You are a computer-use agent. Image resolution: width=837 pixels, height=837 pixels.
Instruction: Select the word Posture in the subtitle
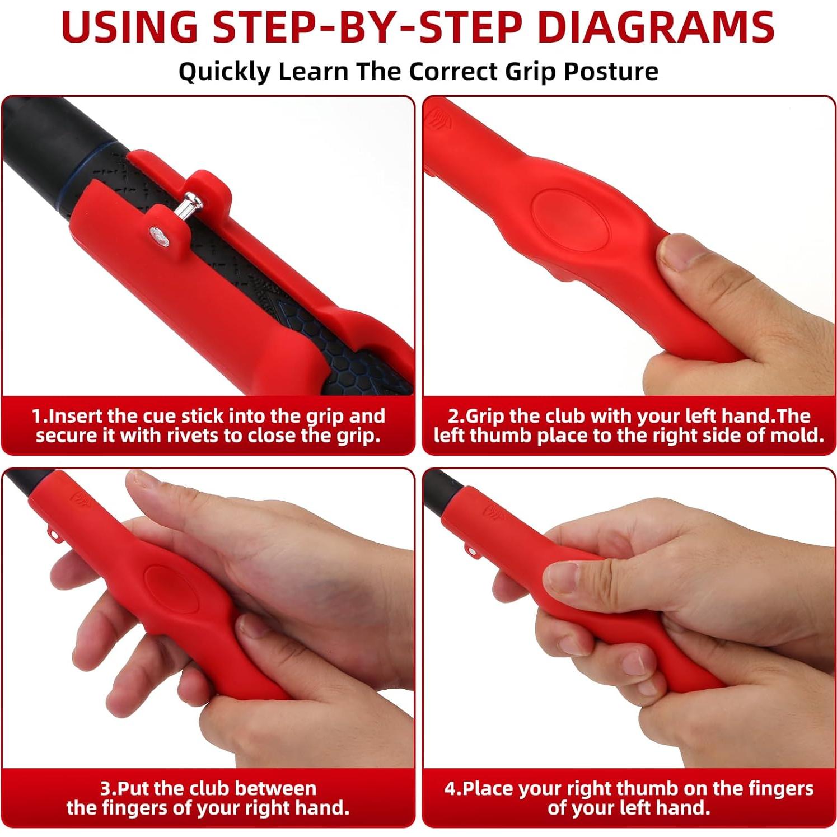click(611, 72)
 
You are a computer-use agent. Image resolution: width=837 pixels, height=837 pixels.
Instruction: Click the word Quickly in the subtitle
click(224, 72)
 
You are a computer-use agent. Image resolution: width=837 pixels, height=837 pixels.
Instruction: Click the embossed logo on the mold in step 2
click(437, 119)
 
